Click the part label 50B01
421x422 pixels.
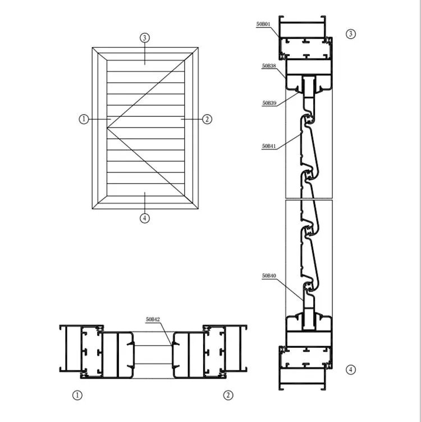[263, 24]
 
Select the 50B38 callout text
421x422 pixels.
[269, 66]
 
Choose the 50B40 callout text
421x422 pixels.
[269, 276]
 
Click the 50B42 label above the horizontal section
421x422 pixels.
[153, 319]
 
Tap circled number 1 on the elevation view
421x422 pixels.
[84, 119]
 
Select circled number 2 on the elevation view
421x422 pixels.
[207, 119]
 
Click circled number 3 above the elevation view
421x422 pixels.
[145, 38]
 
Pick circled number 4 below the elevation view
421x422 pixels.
[145, 218]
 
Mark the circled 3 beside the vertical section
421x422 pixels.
[351, 34]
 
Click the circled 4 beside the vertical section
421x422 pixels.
[351, 369]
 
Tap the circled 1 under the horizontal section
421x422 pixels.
[77, 395]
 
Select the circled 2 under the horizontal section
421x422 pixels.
[228, 395]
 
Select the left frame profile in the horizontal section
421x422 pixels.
[81, 350]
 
